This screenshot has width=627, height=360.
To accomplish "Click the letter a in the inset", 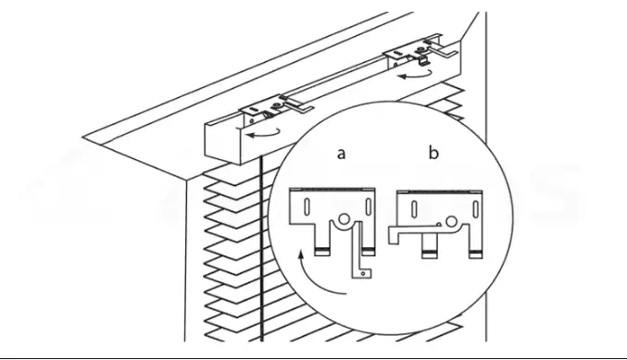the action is coord(341,154).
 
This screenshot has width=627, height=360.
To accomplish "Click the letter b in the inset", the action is coord(433,152).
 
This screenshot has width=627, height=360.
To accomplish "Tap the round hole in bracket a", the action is coord(344,219).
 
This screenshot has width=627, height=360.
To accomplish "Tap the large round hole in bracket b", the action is coord(451,221).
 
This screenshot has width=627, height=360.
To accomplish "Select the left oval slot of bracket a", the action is coord(307,205).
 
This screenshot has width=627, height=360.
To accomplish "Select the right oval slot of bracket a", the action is coord(368,205).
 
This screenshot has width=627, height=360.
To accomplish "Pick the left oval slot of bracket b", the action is coord(414,208).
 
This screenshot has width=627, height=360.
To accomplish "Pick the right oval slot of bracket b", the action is coord(475,208).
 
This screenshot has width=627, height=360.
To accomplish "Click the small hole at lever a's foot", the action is coord(363,274).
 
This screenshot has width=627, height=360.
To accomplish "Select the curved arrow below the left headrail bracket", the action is coord(263,133).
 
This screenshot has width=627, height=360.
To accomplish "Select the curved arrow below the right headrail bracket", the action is coord(416,74).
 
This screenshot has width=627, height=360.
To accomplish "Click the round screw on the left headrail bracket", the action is coord(276,106).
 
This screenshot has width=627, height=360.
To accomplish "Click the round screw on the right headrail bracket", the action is coord(421,50).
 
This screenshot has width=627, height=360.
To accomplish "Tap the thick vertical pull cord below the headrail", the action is coord(261,249).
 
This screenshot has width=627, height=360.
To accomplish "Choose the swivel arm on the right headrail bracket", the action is coord(442,50).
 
